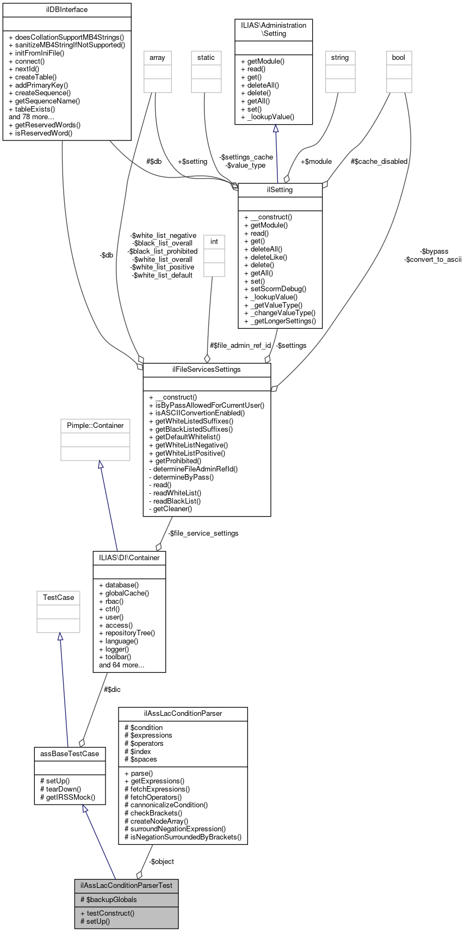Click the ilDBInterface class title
67,10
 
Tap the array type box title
157,57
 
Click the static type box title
206,57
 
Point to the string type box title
340,57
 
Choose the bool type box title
399,57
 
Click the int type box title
214,241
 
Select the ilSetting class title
280,190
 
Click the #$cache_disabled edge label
379,161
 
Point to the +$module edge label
316,161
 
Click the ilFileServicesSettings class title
207,370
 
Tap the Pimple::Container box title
95,425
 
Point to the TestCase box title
58,597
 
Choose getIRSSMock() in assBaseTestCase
68,796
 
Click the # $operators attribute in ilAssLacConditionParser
144,743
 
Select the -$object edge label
162,861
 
